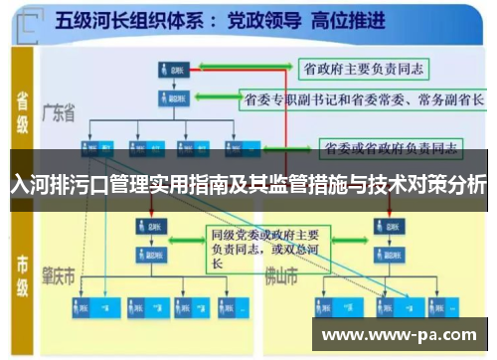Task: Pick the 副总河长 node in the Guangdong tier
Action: [174, 99]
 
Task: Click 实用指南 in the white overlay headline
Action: [189, 185]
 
